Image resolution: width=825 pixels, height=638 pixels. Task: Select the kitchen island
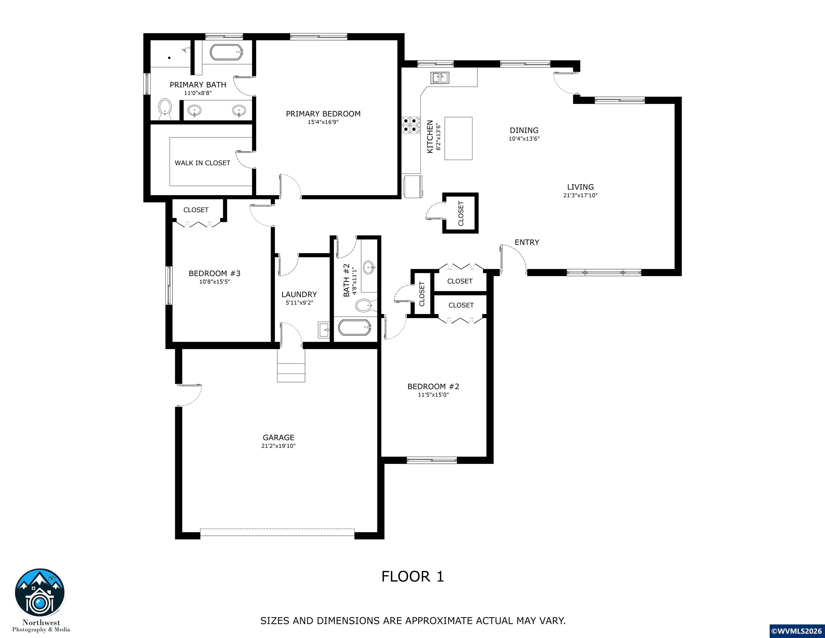458,138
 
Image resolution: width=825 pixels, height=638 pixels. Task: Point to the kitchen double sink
440,78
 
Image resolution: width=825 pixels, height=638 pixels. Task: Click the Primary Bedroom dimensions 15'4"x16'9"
323,122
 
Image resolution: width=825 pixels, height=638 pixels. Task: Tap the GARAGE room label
278,437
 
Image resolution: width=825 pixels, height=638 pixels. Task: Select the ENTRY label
527,242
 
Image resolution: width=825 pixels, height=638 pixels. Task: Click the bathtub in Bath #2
355,328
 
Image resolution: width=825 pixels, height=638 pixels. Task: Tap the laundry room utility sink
324,330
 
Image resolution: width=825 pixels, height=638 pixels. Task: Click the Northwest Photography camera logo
40,592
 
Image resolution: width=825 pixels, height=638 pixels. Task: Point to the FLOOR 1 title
412,577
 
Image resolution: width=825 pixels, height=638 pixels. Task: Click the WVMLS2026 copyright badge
796,631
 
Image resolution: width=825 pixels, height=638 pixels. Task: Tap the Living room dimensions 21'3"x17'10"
580,195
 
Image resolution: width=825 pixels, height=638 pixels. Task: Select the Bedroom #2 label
433,386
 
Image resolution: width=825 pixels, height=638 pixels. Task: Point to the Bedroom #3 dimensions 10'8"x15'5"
214,282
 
